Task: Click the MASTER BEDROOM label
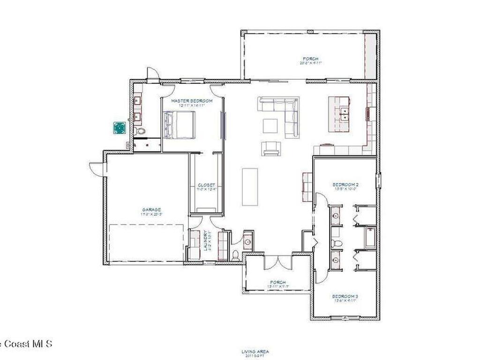click(192, 101)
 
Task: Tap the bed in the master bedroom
click(179, 125)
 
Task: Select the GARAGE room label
click(151, 210)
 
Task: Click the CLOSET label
click(206, 185)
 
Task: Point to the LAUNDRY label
click(206, 240)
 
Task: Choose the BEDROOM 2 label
click(345, 184)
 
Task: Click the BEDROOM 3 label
click(345, 296)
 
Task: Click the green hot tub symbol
click(120, 127)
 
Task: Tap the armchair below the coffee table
click(271, 148)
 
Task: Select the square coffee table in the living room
click(270, 126)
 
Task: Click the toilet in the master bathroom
click(140, 131)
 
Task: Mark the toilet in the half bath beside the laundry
click(235, 255)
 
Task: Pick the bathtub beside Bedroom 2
click(370, 237)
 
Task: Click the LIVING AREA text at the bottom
click(255, 351)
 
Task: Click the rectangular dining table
click(250, 187)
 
